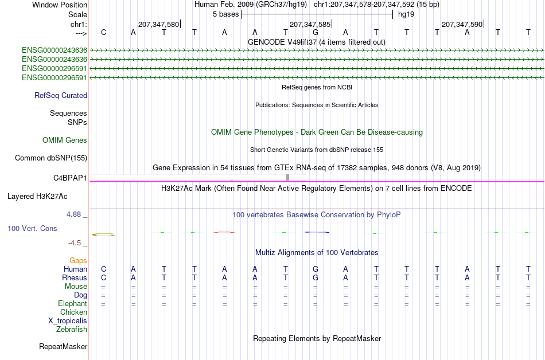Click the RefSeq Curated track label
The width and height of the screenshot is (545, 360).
click(61, 96)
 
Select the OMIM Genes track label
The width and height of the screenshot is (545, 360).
click(65, 140)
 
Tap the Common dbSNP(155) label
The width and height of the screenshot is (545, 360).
click(51, 158)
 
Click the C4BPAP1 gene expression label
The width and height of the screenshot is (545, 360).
click(70, 178)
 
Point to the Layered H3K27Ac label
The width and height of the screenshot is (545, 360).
click(37, 197)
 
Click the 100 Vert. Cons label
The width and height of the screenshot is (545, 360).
click(32, 228)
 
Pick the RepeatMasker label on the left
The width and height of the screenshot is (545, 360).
click(63, 346)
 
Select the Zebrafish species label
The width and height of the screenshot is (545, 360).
click(72, 329)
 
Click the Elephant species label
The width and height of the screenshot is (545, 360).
click(72, 303)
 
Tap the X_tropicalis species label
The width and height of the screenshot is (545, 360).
click(68, 321)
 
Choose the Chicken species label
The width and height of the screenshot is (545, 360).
click(73, 312)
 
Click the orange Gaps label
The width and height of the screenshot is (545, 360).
click(78, 261)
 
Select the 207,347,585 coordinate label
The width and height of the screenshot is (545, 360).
click(310, 24)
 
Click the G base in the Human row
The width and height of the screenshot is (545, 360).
click(316, 269)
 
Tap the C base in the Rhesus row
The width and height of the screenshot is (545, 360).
click(104, 277)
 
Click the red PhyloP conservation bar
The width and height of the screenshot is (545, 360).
click(224, 232)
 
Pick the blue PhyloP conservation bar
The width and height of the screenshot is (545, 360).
click(317, 232)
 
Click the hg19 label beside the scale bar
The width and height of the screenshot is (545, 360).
click(406, 14)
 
